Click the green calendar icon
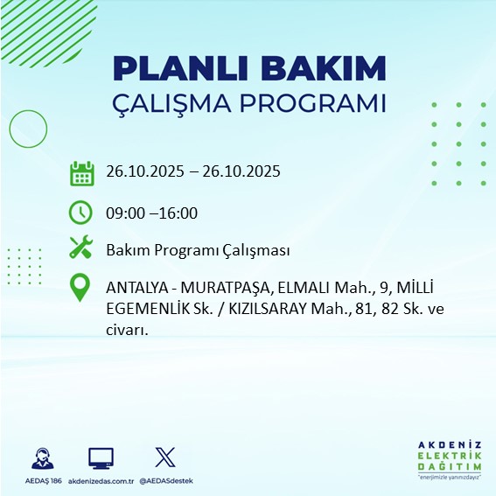tap(81, 172)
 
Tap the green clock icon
tap(80, 213)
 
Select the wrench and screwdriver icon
tap(81, 248)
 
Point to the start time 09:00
tap(124, 213)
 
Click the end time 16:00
tap(179, 213)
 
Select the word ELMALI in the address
tap(285, 288)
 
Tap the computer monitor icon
tap(101, 458)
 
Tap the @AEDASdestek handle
tap(166, 480)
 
